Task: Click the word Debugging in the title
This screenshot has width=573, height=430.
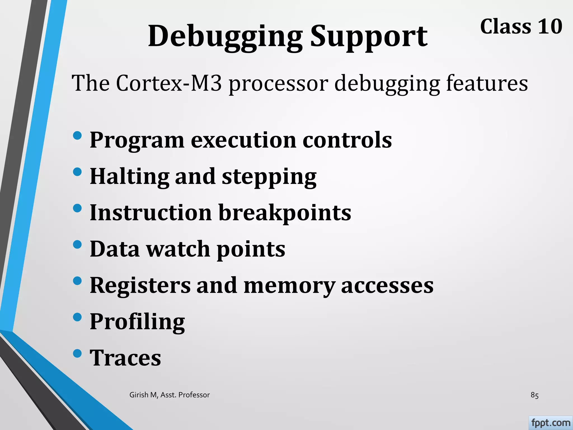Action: (x=225, y=36)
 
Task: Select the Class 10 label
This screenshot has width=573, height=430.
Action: (x=521, y=27)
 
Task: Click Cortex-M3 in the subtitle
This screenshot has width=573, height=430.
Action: (x=169, y=83)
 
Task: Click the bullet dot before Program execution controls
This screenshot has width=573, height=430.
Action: (x=77, y=136)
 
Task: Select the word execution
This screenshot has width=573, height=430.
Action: (x=243, y=140)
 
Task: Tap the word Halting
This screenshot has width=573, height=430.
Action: (x=130, y=177)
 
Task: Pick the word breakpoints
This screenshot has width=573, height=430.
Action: (x=285, y=213)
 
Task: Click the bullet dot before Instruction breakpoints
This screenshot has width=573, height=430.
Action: (x=77, y=208)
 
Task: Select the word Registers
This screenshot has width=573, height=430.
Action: (x=140, y=286)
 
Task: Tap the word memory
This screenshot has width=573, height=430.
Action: (x=289, y=286)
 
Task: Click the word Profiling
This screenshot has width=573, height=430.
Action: (x=137, y=322)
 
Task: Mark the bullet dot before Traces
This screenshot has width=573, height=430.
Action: (x=77, y=353)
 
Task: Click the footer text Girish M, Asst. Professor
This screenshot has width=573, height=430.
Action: (x=170, y=395)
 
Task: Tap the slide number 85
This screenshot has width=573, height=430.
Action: (x=534, y=395)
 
